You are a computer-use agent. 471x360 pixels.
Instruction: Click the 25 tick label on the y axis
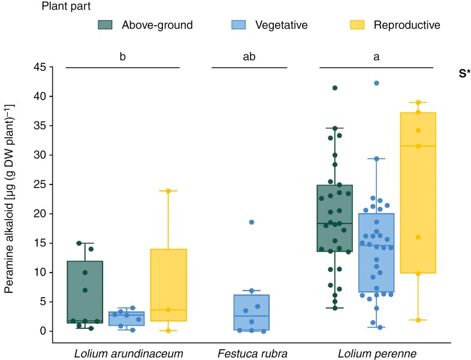click(40, 184)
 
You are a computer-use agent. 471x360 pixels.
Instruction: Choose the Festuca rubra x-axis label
click(252, 353)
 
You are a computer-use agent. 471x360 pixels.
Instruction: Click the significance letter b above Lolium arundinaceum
click(122, 58)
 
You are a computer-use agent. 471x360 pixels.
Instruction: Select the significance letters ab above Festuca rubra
click(249, 58)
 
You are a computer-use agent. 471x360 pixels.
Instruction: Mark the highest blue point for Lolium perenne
click(376, 83)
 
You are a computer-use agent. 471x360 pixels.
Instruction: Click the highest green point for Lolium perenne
click(335, 88)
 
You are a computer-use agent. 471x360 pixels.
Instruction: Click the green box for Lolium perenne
click(334, 218)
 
